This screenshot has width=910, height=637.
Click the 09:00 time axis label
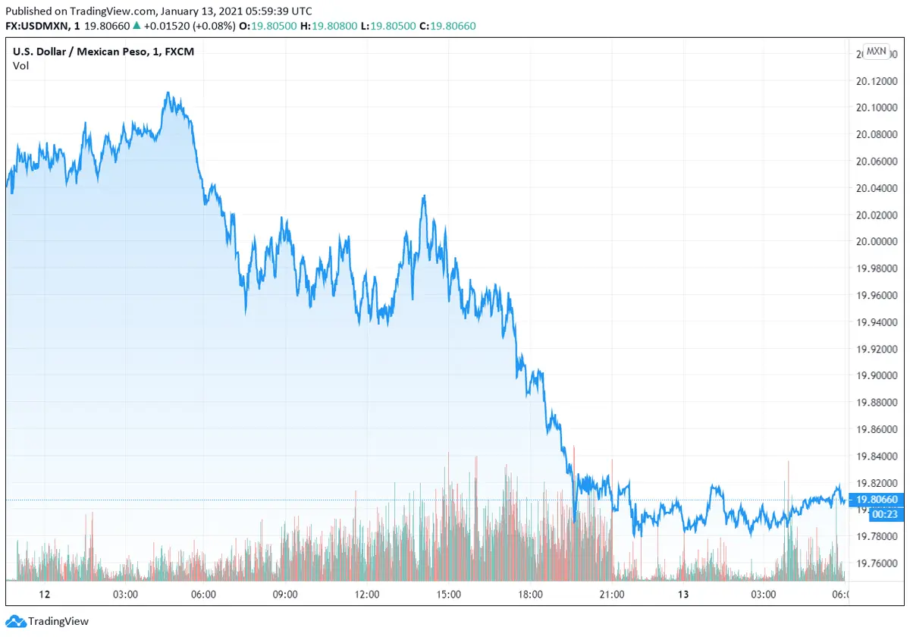(x=285, y=595)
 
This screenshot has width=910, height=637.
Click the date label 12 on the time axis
(x=44, y=595)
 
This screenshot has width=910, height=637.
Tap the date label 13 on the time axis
(x=682, y=595)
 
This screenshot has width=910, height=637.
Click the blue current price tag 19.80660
(x=877, y=499)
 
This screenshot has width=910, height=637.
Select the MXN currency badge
(x=876, y=52)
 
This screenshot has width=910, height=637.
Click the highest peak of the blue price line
(x=168, y=93)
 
